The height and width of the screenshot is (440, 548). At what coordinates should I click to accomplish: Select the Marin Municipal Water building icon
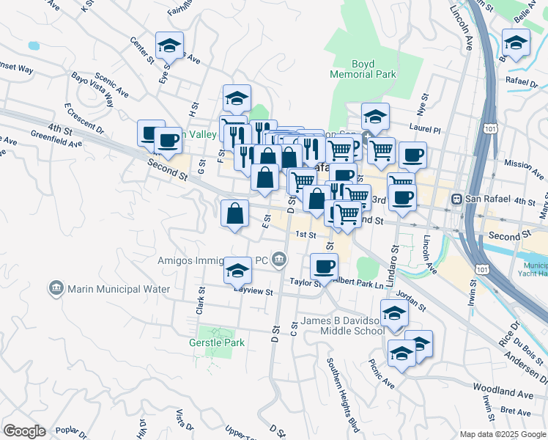(x=56, y=289)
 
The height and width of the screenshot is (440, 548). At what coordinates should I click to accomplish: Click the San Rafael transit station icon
(x=456, y=199)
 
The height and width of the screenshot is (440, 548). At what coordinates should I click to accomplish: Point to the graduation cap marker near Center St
(x=169, y=46)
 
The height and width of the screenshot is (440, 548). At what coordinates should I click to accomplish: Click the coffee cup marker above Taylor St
(x=324, y=267)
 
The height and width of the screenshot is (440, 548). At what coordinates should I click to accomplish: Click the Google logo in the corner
(x=24, y=430)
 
